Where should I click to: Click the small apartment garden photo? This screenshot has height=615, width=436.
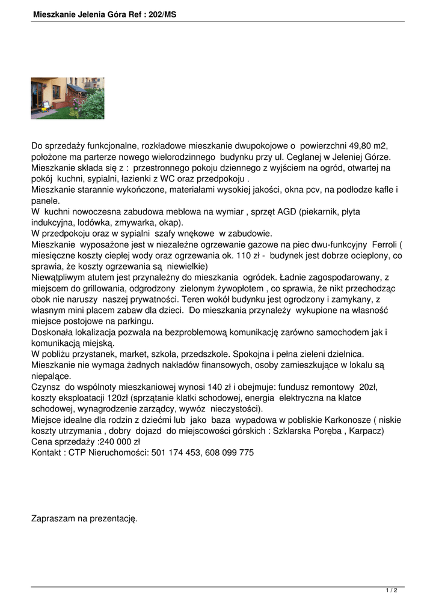point(67,98)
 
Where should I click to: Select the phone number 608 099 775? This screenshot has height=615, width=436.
point(231,453)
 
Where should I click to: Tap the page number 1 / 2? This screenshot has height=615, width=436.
point(391,590)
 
